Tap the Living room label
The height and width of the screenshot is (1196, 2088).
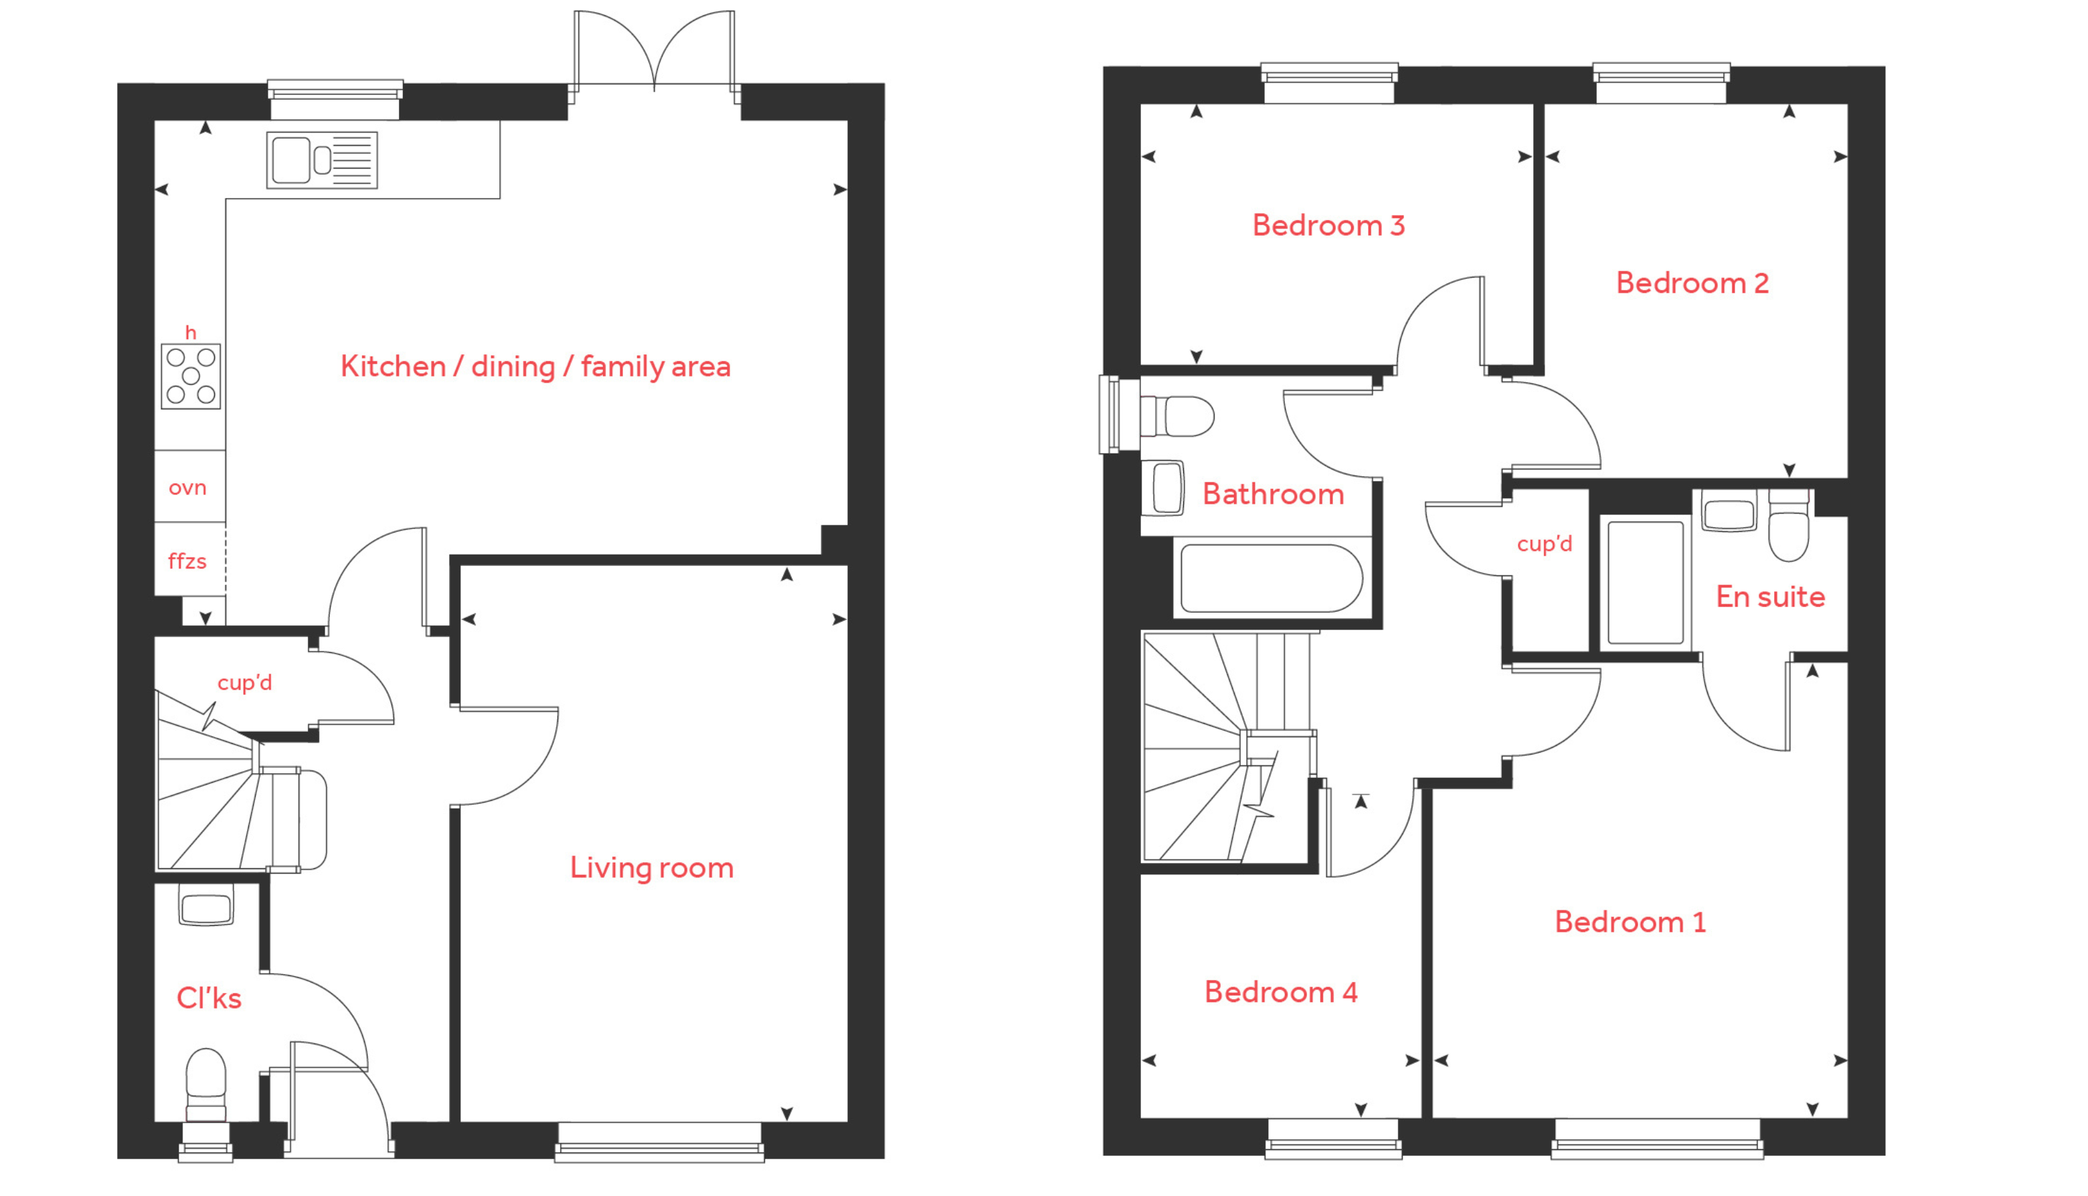click(x=652, y=868)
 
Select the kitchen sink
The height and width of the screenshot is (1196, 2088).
click(x=322, y=160)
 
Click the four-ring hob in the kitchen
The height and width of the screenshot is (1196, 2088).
click(x=191, y=376)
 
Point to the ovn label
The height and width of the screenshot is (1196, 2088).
click(x=187, y=488)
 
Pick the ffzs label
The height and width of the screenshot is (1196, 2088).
click(x=187, y=561)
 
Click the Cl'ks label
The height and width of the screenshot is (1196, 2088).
click(x=209, y=998)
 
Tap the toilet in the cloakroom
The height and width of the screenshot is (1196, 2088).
click(x=205, y=1084)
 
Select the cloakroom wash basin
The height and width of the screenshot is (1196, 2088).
click(x=206, y=906)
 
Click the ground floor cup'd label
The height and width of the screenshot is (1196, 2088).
click(x=244, y=682)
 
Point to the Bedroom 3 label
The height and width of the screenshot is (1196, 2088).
click(x=1328, y=225)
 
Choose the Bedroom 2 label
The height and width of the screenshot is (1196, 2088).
click(x=1692, y=282)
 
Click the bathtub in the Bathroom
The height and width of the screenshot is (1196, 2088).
click(x=1272, y=579)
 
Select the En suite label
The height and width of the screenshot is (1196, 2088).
click(x=1770, y=597)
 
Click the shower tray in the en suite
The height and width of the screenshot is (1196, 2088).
click(x=1645, y=583)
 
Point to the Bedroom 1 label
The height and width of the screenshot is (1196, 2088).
click(x=1630, y=922)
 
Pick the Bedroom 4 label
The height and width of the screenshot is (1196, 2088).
click(x=1280, y=991)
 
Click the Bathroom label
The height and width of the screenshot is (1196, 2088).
click(x=1273, y=494)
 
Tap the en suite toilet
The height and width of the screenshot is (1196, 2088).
click(x=1788, y=526)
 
